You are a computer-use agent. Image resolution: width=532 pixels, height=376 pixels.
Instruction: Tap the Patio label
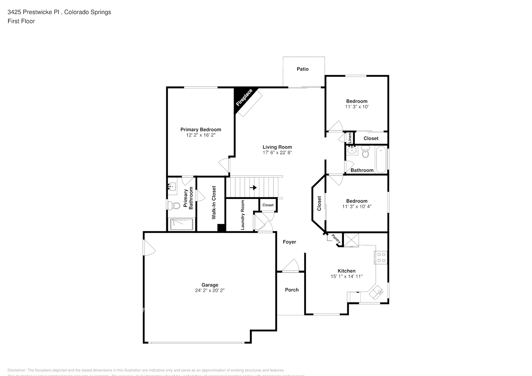tap(302, 69)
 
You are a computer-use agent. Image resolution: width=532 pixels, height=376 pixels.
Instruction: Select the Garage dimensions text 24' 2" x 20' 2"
tap(210, 290)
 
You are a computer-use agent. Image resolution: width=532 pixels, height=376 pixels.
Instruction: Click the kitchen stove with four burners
tap(381, 257)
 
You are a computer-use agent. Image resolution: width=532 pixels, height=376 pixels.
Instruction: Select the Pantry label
tap(336, 239)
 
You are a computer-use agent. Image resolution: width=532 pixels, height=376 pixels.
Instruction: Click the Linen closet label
tap(350, 138)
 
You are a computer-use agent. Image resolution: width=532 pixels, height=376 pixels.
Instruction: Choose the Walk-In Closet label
tap(214, 203)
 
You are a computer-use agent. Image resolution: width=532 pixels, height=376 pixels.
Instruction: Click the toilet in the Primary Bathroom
tap(173, 205)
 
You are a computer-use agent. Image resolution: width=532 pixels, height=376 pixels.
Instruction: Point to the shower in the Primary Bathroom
tap(182, 224)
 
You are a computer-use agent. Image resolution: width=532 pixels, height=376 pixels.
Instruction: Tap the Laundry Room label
tap(243, 215)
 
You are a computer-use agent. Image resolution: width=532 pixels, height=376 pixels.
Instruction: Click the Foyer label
tap(289, 242)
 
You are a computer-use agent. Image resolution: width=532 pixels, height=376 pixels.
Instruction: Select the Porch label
tap(292, 290)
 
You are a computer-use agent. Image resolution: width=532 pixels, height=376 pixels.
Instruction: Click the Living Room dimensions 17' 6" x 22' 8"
tap(277, 153)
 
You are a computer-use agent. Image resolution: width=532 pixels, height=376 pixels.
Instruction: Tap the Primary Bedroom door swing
tap(224, 164)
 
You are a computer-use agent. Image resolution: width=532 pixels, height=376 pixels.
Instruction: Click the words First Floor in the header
tap(21, 21)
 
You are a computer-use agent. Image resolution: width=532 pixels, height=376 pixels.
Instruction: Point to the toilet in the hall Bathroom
tap(365, 152)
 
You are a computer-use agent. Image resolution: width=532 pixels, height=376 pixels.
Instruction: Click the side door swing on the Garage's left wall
tap(149, 248)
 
